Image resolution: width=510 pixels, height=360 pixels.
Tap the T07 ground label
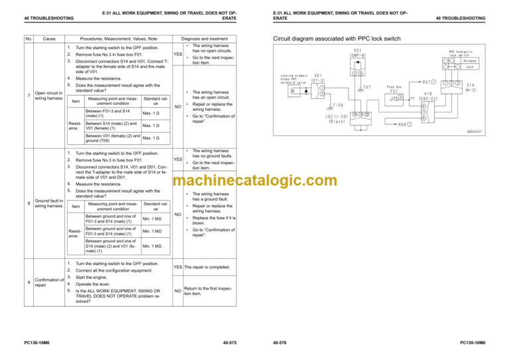pos(367,87)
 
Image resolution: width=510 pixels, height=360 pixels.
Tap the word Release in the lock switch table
pos(470,60)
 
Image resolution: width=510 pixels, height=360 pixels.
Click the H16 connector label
pos(420,94)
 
